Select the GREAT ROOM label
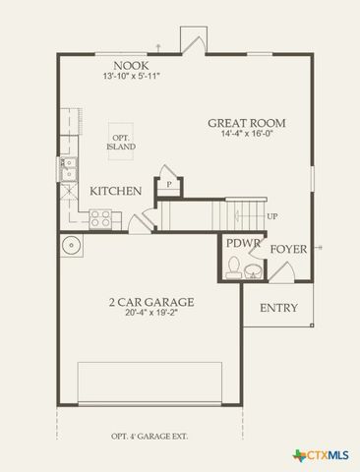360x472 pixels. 246,123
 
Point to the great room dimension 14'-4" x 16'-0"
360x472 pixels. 246,135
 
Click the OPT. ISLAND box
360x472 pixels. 121,142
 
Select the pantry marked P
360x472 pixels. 168,184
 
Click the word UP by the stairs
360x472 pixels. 272,216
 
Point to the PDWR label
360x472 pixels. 241,243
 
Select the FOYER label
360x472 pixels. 289,249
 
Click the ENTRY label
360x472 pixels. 278,308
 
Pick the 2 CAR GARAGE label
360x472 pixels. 150,302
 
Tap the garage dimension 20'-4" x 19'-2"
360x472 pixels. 150,315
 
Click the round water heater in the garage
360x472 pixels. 71,246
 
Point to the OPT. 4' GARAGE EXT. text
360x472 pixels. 150,436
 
